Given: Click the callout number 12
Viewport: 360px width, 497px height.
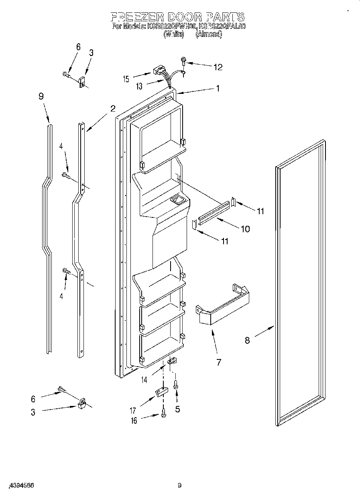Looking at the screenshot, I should click(218, 67).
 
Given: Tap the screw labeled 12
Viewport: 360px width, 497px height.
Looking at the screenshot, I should click(184, 61).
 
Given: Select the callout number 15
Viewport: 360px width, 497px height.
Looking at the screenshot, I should click(126, 79).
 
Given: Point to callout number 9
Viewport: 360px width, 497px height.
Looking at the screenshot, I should click(41, 96).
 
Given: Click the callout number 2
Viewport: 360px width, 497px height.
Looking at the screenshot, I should click(113, 108).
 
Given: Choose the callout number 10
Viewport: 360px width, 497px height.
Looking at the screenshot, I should click(244, 229).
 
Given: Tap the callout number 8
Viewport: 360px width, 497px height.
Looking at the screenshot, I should click(247, 340).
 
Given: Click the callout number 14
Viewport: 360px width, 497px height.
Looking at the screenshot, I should click(144, 379).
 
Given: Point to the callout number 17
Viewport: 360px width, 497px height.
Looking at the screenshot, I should click(133, 410).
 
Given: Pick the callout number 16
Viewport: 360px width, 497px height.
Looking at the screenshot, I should click(134, 420).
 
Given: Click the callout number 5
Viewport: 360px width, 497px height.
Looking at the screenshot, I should click(177, 410).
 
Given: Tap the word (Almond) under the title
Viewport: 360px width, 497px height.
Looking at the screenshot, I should click(208, 34).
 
